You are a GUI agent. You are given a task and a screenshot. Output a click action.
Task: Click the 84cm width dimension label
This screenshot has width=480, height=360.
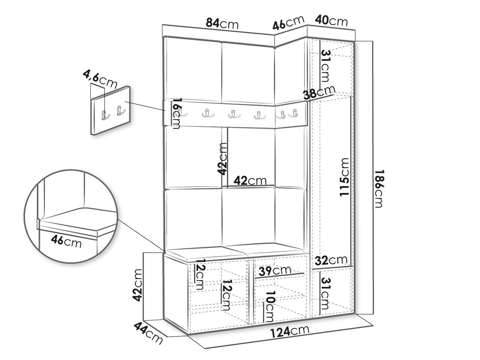tap(222, 23)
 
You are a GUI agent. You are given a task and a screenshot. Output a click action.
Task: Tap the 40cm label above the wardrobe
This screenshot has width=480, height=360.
tap(331, 21)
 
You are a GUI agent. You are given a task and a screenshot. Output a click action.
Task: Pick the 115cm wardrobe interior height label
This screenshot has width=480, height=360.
tap(343, 177)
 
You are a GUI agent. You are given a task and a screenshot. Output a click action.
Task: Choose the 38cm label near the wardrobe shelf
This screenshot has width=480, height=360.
tap(319, 93)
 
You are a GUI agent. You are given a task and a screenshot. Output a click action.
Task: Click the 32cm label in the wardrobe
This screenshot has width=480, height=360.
tap(331, 260)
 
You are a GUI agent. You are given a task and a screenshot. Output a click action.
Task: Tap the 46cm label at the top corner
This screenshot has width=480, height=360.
tap(288, 23)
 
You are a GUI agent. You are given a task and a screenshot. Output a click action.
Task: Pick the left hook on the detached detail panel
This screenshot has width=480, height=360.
tap(105, 114)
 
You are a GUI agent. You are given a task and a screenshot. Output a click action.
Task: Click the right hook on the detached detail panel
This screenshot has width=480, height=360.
tap(120, 111)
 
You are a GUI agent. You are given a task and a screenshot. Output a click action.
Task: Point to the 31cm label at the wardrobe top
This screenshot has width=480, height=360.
tap(325, 66)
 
